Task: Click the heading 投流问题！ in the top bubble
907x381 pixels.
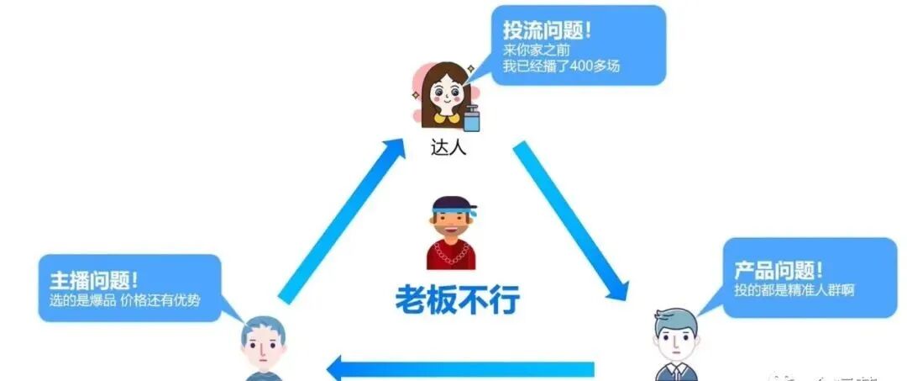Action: (x=547, y=30)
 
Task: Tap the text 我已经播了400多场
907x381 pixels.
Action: (x=561, y=66)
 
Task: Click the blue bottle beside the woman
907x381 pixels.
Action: (x=472, y=119)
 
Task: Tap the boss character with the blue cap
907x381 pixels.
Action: (x=451, y=233)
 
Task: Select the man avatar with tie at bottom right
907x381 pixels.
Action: (x=675, y=345)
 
